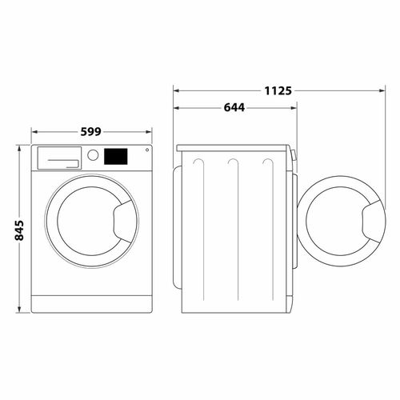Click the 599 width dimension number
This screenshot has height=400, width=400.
pos(91,131)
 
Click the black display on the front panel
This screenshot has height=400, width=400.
pos(115,155)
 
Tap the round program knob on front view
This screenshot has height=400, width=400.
pos(94,155)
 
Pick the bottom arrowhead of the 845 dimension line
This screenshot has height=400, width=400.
pos(19,312)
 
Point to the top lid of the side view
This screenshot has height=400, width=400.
pos(232,149)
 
